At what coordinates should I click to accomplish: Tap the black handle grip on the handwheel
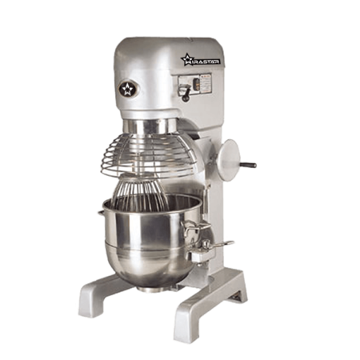point(249,166)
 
